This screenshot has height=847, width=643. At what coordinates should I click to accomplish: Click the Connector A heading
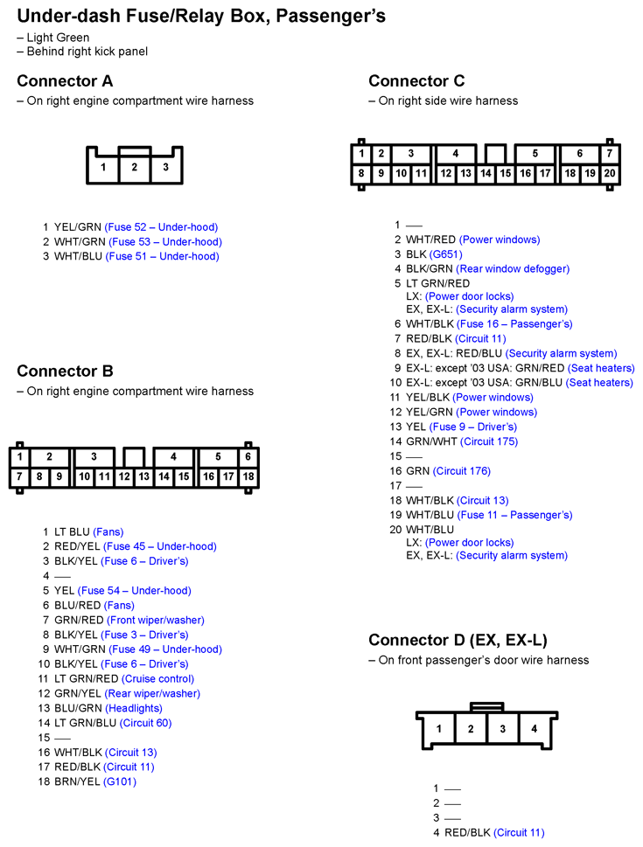(x=65, y=81)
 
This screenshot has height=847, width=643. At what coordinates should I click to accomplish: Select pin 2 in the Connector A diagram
(x=134, y=167)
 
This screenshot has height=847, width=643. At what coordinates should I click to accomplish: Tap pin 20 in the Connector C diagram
(x=610, y=174)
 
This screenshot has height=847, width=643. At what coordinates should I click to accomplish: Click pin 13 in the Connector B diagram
(x=143, y=477)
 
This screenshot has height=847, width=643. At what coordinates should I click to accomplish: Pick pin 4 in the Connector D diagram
(x=534, y=729)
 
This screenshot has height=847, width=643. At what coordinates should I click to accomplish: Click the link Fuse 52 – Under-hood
(x=161, y=227)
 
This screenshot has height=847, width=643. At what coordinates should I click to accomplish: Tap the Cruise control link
(x=157, y=679)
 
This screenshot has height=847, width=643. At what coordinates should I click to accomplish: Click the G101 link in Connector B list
(x=120, y=782)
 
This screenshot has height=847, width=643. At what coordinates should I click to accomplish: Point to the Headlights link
(x=134, y=709)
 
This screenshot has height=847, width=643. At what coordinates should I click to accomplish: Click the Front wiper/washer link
(x=154, y=621)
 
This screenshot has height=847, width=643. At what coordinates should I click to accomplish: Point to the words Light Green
(x=58, y=38)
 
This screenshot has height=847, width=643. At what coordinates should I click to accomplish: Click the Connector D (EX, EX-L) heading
(x=458, y=641)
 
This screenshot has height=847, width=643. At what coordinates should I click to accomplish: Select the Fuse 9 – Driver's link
(x=473, y=427)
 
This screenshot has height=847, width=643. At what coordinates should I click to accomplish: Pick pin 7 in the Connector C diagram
(x=610, y=154)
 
